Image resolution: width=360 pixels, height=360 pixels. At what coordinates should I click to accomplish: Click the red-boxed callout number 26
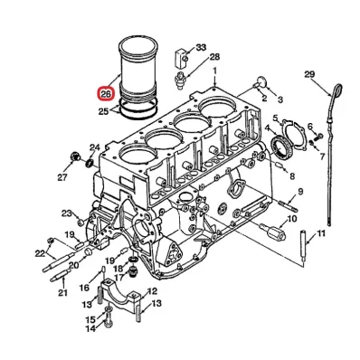pos(106,93)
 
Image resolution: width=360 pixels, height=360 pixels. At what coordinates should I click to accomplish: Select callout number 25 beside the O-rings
pos(104,111)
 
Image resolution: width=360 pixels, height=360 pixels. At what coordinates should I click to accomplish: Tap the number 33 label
pos(200,46)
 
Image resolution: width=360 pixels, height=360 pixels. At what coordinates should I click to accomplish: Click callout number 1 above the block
pos(215,70)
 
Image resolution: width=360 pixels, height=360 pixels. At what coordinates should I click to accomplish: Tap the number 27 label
pos(63,177)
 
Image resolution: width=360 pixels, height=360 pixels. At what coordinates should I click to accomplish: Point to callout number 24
pos(94,147)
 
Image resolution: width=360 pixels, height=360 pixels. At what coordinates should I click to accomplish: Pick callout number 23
pos(66,213)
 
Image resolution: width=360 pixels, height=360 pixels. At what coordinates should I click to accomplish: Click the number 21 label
pos(62,293)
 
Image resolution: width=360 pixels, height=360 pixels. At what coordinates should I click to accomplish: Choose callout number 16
pos(82,287)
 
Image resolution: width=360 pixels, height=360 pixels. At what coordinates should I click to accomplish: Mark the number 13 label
pos(153,303)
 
